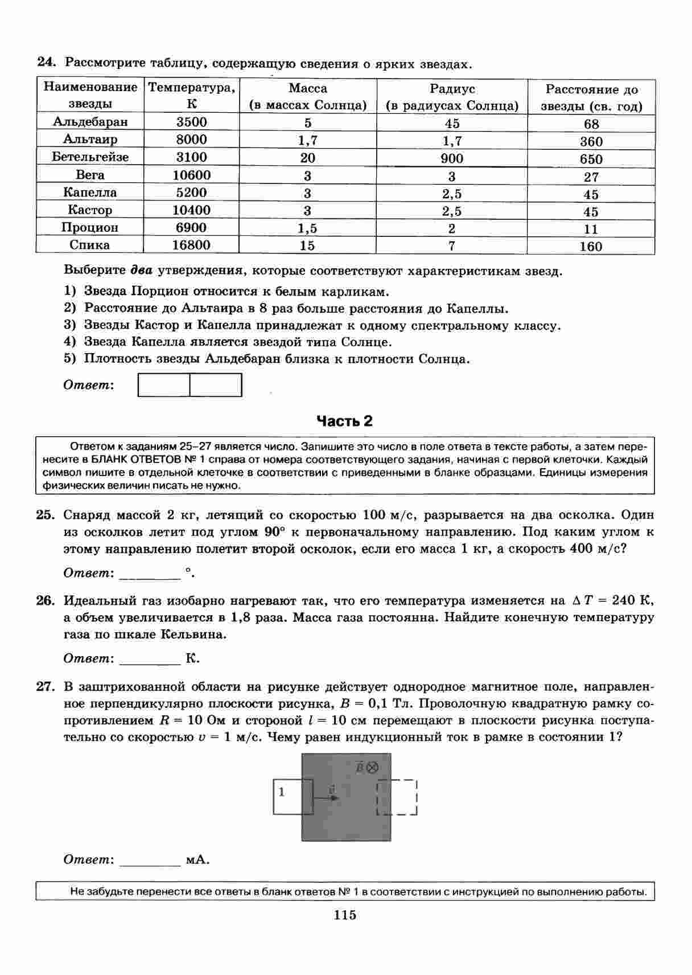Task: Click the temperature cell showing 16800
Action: (191, 245)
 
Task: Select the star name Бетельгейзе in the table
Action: (90, 157)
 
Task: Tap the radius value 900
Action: (452, 159)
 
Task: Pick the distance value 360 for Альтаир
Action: (591, 141)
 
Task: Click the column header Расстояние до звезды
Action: (591, 97)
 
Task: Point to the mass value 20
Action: (307, 158)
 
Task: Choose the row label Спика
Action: (90, 245)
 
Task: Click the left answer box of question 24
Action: (164, 385)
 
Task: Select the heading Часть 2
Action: (344, 421)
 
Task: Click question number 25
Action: (45, 515)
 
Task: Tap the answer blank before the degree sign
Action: (150, 573)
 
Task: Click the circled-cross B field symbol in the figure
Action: (372, 767)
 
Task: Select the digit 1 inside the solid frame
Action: (282, 792)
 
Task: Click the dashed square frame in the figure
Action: (397, 797)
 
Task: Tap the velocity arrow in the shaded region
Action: (326, 797)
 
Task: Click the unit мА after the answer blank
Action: (197, 859)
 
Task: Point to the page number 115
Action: (345, 915)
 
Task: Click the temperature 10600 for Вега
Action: (191, 175)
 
